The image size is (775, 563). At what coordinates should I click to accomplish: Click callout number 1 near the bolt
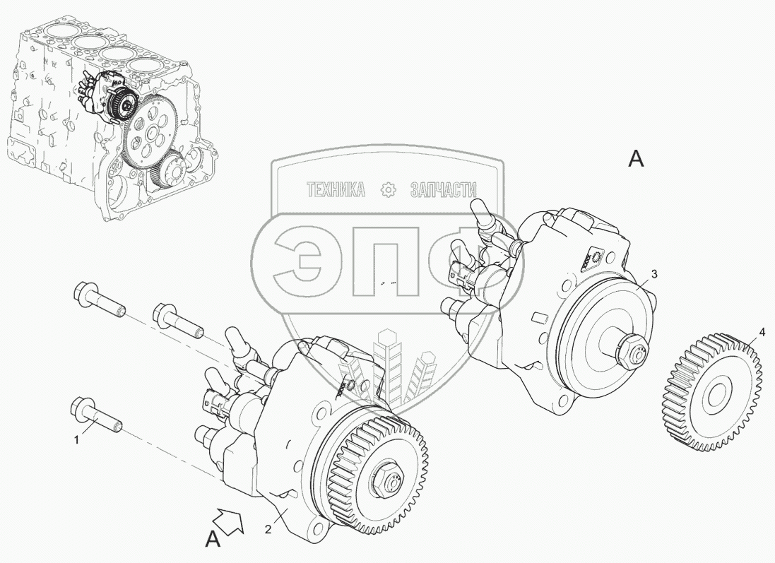pyautogui.click(x=76, y=439)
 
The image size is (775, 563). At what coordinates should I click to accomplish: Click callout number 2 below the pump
pyautogui.click(x=268, y=529)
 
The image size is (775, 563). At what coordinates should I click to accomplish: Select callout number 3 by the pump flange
pyautogui.click(x=654, y=275)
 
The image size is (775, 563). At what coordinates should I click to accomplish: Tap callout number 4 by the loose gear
pyautogui.click(x=762, y=333)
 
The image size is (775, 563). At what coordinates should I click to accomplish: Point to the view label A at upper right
pyautogui.click(x=636, y=159)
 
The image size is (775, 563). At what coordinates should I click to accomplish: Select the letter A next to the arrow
pyautogui.click(x=213, y=540)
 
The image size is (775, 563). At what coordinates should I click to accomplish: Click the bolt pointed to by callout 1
pyautogui.click(x=96, y=415)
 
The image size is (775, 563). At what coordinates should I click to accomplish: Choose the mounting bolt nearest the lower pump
pyautogui.click(x=179, y=321)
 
